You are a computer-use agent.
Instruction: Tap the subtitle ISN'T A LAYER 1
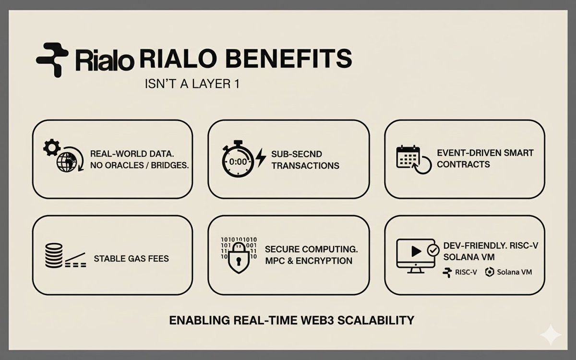pos(192,84)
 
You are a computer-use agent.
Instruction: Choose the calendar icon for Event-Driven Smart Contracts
pos(408,157)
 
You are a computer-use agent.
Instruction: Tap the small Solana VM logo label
pos(508,272)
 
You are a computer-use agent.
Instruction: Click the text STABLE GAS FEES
pos(131,259)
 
